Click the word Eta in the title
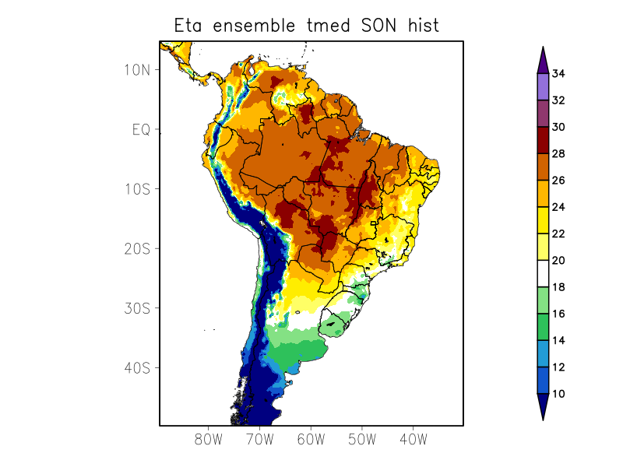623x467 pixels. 189,26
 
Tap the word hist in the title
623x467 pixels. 422,26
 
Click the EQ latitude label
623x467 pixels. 140,129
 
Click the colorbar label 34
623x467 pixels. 558,74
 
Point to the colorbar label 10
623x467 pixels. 558,394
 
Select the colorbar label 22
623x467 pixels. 558,233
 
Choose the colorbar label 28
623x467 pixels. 558,154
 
